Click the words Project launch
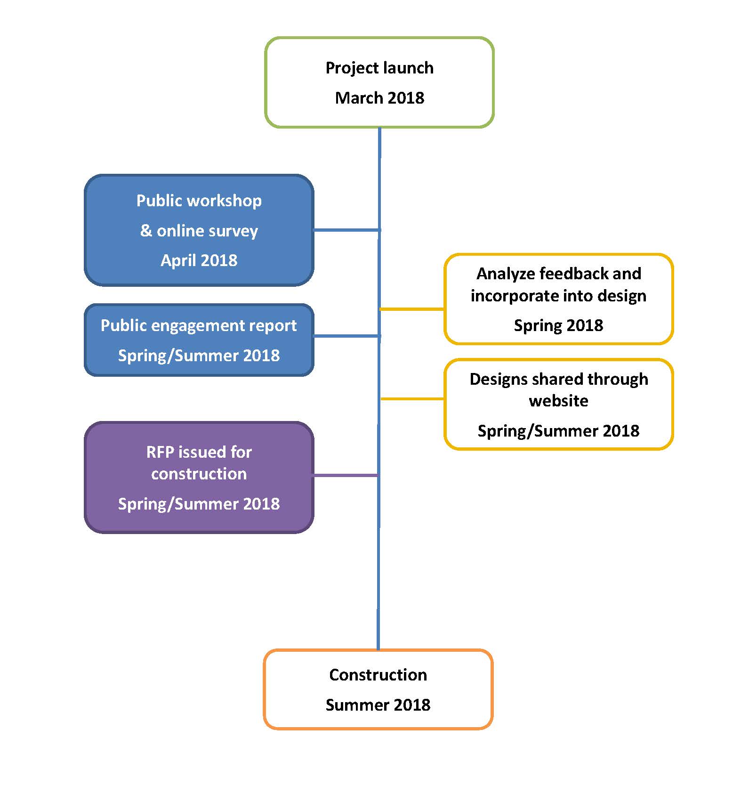coord(379,68)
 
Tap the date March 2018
coord(379,98)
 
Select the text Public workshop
coord(199,201)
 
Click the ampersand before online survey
coord(146,231)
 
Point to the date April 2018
coord(199,260)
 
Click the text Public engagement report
coord(199,325)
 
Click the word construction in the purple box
coord(199,474)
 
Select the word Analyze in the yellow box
coord(506,274)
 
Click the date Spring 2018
coord(558,325)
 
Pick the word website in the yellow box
coord(558,401)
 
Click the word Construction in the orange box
coord(378,675)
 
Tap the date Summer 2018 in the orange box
coord(378,705)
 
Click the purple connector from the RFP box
coord(346,476)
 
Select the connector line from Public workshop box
coord(346,230)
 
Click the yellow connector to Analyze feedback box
coord(412,309)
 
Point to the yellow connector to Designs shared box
coord(412,399)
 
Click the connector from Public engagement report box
coord(346,336)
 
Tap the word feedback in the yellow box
coord(574,274)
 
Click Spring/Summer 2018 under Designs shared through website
coord(558,431)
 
